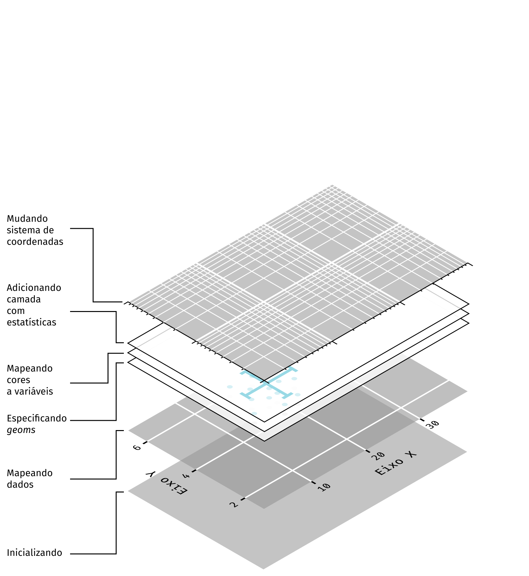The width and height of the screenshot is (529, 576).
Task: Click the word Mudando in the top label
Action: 27,219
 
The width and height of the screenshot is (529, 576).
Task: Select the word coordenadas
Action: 35,242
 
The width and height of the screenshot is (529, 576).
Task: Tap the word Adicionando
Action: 34,288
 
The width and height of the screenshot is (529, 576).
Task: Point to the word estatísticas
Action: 31,323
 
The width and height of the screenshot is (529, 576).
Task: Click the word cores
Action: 19,380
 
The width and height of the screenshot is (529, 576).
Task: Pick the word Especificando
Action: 37,419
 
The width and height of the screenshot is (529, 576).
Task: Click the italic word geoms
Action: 21,430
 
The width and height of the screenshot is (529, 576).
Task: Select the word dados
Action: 20,485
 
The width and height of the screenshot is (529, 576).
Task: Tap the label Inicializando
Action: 35,553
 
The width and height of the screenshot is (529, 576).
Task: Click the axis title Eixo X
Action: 396,463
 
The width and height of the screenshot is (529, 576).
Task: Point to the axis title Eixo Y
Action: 166,484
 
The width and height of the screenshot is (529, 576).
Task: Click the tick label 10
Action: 324,487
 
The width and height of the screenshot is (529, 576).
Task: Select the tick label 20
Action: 378,456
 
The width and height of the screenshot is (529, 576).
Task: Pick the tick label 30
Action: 432,424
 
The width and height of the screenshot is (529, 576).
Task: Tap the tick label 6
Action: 137,447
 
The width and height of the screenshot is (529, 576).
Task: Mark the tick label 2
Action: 234,505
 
